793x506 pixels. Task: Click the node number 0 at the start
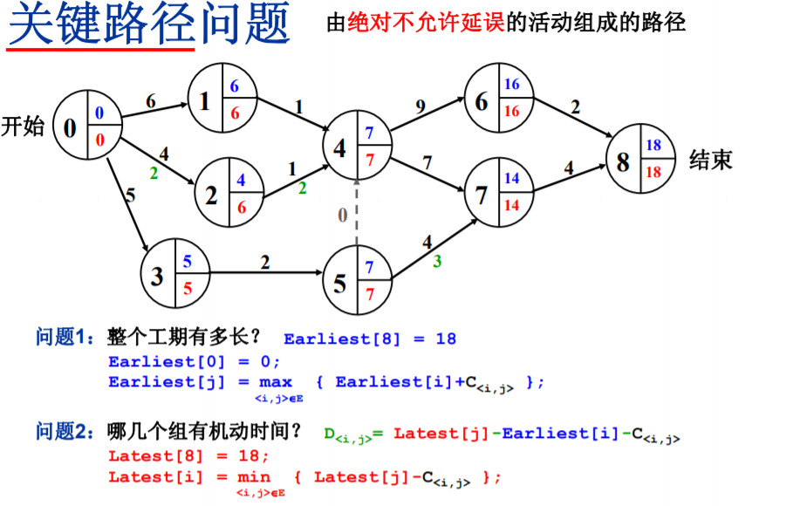tap(70, 127)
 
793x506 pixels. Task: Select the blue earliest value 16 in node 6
tap(512, 85)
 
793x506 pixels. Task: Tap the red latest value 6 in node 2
tap(241, 207)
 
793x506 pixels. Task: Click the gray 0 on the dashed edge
tap(343, 213)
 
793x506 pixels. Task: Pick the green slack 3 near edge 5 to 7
tap(437, 260)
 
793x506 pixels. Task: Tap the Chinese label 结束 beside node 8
tap(711, 160)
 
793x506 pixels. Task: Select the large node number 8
tap(622, 162)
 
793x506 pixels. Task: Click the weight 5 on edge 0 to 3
tap(130, 195)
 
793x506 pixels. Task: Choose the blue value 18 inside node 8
tap(653, 146)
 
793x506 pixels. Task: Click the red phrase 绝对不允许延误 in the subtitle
tap(425, 24)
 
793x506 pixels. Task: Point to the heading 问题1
tap(64, 338)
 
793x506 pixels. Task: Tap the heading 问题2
tap(64, 432)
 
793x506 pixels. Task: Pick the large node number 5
tap(339, 283)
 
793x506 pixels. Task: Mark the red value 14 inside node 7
tap(512, 206)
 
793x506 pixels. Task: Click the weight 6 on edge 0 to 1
tap(151, 101)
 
